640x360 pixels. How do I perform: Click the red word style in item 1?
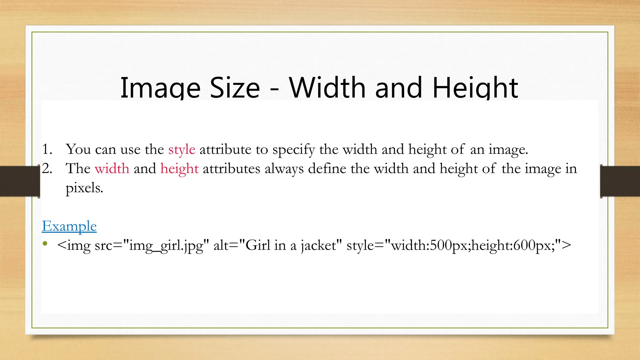(182, 150)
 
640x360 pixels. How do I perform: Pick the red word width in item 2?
(112, 169)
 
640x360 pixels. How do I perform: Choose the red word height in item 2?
(179, 169)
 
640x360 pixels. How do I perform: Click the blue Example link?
(69, 226)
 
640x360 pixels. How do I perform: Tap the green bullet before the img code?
(45, 243)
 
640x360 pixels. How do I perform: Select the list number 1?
(47, 149)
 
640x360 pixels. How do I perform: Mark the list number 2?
(47, 169)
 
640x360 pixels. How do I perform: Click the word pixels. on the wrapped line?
(84, 188)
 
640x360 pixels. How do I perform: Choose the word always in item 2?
(284, 169)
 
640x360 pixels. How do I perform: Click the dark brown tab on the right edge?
(620, 181)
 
